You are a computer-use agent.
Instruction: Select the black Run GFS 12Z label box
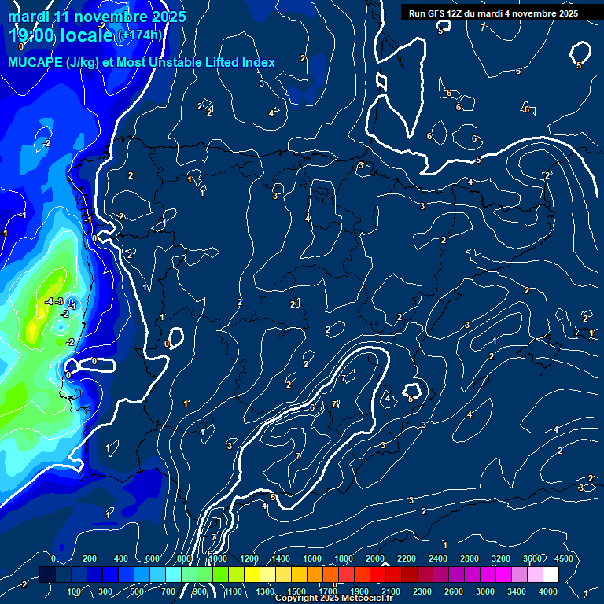[x=493, y=13]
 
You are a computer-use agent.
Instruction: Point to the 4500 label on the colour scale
[x=563, y=558]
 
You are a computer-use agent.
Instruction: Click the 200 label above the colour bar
[x=90, y=558]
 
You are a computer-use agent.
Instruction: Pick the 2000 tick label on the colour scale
[x=375, y=558]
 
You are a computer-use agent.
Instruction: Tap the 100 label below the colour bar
[x=74, y=591]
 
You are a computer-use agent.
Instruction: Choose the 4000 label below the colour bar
[x=548, y=591]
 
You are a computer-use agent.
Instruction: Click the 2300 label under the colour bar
[x=422, y=591]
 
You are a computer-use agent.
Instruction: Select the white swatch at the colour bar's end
[x=551, y=575]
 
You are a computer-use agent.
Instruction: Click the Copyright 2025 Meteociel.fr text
[x=333, y=598]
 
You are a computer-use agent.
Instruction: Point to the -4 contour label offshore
[x=49, y=301]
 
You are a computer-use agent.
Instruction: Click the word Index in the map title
[x=259, y=62]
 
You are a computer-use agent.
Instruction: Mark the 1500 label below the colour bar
[x=296, y=591]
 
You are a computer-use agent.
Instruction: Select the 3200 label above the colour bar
[x=502, y=558]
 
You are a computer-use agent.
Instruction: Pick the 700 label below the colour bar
[x=169, y=591]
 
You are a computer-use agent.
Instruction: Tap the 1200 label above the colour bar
[x=249, y=558]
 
